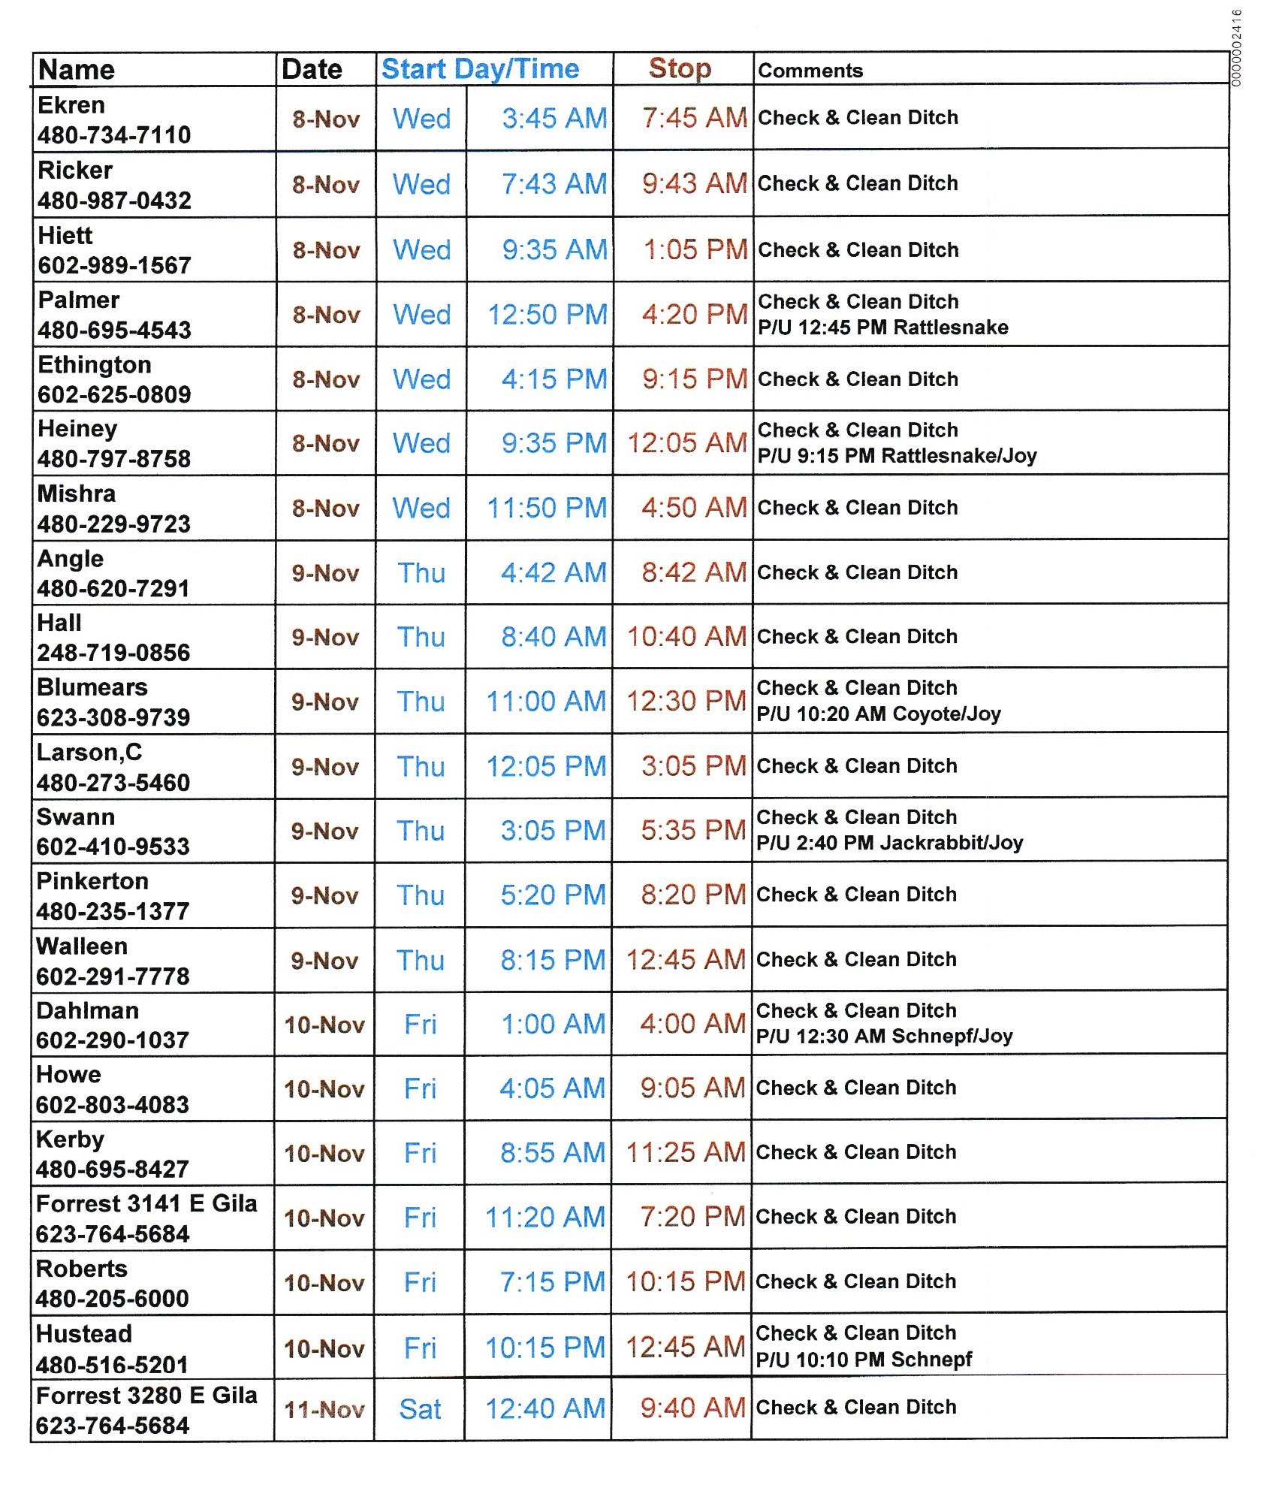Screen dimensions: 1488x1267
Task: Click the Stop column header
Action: pos(680,68)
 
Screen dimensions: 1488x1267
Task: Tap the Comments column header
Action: pos(810,71)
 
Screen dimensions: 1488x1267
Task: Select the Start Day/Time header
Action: pos(480,69)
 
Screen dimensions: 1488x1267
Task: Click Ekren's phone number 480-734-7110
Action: pos(114,135)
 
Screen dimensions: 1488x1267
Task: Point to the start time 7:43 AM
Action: pos(554,184)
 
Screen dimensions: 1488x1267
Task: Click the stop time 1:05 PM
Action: pos(695,249)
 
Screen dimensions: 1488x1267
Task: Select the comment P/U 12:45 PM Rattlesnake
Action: pos(882,327)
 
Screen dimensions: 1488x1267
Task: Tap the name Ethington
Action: pos(95,365)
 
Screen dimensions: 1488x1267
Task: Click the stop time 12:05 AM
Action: pos(687,443)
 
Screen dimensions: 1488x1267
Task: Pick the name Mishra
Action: pos(77,494)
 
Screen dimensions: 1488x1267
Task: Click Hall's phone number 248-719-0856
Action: pos(113,653)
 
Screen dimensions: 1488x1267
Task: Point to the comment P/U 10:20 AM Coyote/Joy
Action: pos(879,714)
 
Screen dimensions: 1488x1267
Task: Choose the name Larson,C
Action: pos(89,753)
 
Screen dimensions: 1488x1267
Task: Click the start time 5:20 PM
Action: pos(553,895)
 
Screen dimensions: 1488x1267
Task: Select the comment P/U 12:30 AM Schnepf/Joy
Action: pos(884,1037)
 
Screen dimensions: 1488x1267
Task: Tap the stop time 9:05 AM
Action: pos(692,1088)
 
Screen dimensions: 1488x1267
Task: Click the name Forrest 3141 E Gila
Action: pos(146,1204)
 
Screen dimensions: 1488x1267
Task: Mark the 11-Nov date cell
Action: pos(324,1410)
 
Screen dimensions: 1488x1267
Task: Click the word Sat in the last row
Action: pos(420,1410)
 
